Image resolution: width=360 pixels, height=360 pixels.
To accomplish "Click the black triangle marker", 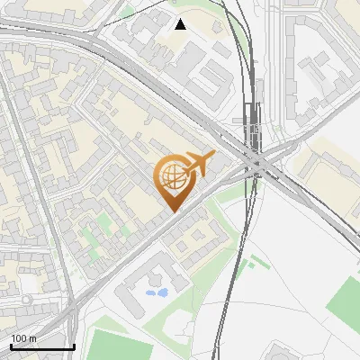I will point(181,23).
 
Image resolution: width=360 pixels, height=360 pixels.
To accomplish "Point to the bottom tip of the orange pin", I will point(172,211).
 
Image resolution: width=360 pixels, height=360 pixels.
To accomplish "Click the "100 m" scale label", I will point(24,338).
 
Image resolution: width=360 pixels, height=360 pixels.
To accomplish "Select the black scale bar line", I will point(41,346).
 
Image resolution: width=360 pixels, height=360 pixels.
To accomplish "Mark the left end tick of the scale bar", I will point(10,345).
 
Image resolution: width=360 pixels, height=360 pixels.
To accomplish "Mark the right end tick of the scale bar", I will point(74,345).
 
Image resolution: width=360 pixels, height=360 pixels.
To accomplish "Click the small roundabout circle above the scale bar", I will point(27,299).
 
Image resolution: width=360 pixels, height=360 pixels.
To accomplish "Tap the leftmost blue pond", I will point(150,292).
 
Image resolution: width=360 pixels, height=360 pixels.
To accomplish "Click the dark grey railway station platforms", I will point(255,135).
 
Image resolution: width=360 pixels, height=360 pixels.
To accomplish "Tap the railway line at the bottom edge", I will point(220,346).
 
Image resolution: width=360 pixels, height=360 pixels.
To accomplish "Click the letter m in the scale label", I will point(32,338).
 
